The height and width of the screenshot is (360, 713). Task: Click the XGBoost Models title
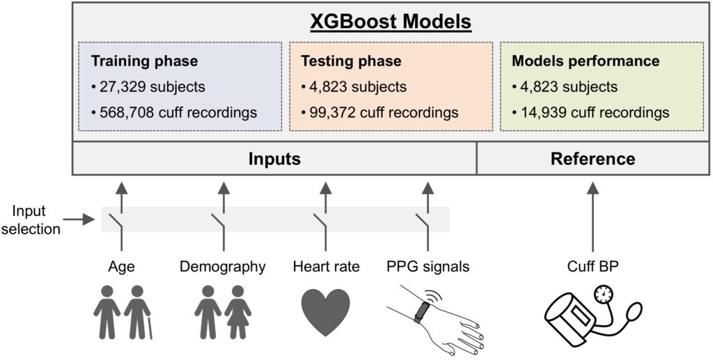tap(391, 22)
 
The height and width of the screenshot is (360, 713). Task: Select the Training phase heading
tap(145, 61)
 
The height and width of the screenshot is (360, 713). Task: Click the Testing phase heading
tap(351, 61)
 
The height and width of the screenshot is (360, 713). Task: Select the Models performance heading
tap(586, 61)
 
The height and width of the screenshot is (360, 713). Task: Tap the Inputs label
tap(274, 159)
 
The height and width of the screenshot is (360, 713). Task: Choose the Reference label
tap(593, 159)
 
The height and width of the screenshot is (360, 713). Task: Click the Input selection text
tap(31, 220)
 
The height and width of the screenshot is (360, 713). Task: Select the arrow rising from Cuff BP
tap(592, 217)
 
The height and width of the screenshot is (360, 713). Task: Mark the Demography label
tap(222, 267)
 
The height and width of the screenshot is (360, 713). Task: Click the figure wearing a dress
tap(237, 312)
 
